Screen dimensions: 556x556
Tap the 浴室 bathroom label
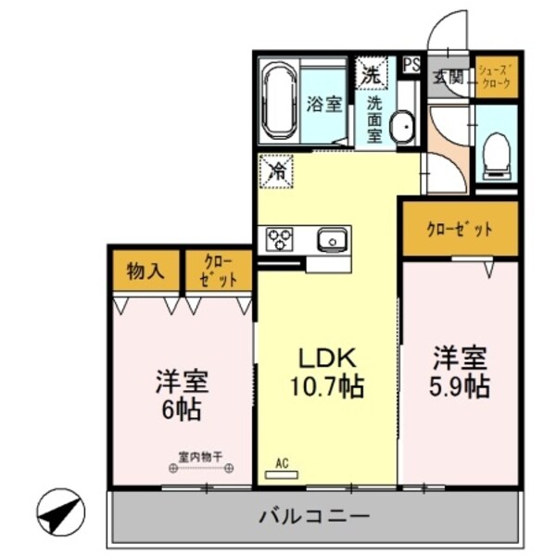click(324, 104)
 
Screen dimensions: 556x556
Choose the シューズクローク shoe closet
click(495, 77)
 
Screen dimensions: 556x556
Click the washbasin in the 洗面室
click(402, 128)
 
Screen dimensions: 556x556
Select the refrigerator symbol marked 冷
click(276, 170)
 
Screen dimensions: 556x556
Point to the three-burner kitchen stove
click(280, 239)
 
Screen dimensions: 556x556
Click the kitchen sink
click(332, 241)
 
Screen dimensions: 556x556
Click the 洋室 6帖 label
click(181, 394)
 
